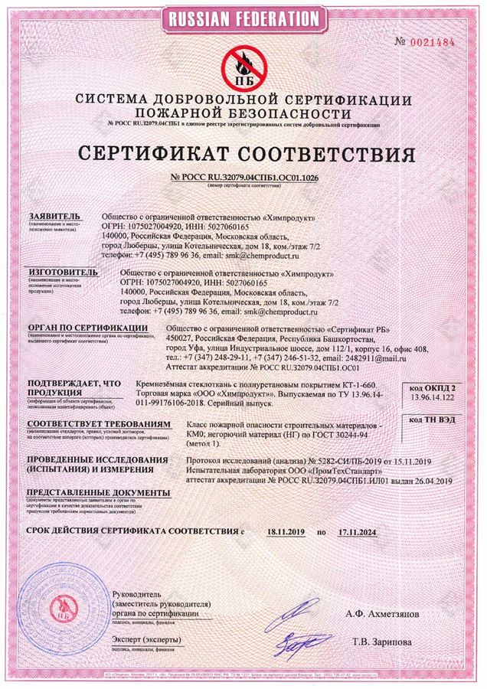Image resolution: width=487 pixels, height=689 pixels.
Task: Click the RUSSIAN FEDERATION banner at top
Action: pos(243,18)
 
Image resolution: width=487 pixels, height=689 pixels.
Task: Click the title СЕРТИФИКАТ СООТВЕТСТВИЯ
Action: pos(243,155)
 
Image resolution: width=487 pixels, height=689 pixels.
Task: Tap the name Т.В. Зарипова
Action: pos(387,642)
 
